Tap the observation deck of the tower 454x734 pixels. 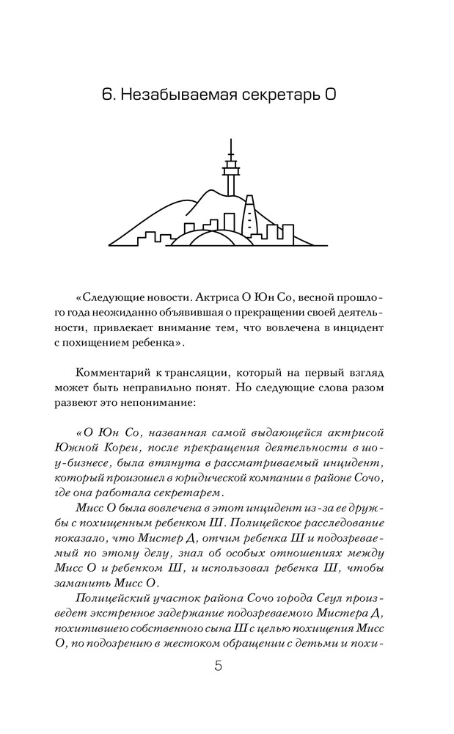point(230,170)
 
